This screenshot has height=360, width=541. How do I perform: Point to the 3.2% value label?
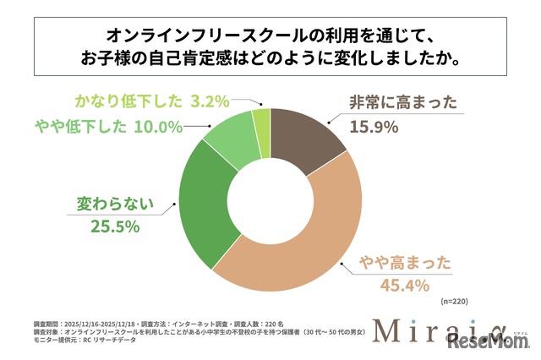(210, 101)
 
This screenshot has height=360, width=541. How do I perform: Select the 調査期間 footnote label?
(46, 323)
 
